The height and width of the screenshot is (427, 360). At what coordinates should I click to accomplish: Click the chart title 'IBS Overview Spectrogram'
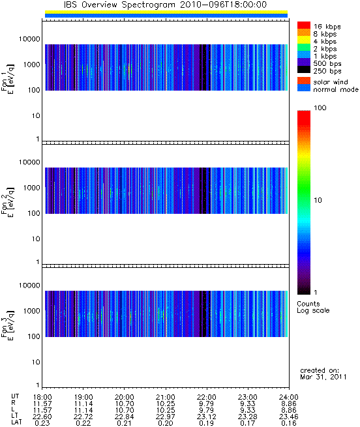click(119, 5)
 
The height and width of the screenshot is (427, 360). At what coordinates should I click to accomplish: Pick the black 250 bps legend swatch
click(304, 70)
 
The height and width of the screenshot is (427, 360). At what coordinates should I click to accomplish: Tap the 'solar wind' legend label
click(331, 82)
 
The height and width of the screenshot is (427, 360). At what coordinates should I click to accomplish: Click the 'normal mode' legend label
click(336, 89)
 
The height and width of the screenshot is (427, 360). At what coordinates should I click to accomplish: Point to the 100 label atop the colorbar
click(320, 108)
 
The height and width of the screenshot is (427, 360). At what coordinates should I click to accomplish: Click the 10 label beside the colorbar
click(318, 200)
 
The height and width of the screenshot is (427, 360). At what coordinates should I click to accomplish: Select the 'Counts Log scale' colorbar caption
click(314, 307)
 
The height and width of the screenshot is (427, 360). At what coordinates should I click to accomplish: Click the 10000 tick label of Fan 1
click(29, 39)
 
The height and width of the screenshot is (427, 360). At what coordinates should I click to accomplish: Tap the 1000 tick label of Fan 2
click(31, 188)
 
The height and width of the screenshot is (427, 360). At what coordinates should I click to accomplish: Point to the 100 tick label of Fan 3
click(34, 336)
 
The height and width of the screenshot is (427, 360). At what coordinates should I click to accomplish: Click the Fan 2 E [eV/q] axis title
click(8, 202)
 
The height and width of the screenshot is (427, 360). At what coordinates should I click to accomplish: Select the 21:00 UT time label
click(166, 397)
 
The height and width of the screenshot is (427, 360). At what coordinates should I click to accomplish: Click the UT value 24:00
click(289, 397)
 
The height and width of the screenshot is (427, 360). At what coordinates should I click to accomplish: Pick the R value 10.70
click(125, 404)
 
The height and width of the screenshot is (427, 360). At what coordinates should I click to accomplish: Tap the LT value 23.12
click(207, 417)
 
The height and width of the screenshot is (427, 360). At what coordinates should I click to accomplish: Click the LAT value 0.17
click(248, 423)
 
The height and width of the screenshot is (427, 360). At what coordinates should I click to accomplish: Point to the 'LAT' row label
click(16, 422)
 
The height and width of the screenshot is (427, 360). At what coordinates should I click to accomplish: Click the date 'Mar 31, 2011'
click(323, 377)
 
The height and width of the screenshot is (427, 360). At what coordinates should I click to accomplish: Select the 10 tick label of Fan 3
click(36, 362)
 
